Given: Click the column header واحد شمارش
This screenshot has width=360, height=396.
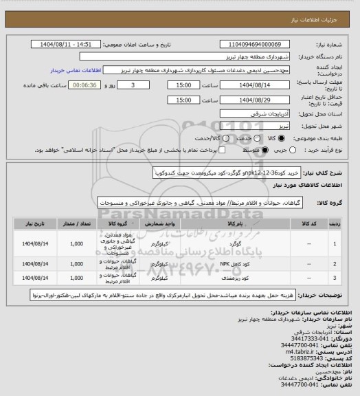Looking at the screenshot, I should (166, 223).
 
